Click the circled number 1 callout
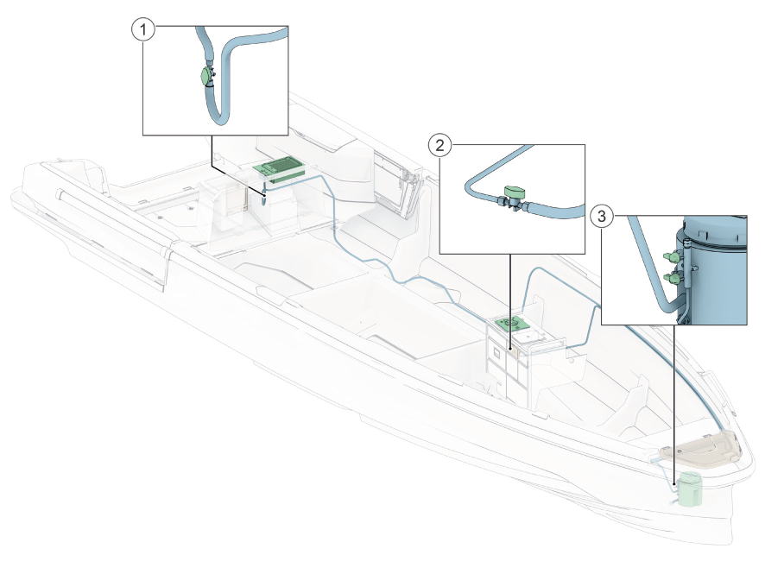143,29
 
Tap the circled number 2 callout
439,145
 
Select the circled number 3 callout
601,216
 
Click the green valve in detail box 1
206,77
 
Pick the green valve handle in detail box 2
515,191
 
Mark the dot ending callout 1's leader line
264,194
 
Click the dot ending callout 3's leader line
673,484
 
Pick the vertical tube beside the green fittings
687,278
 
